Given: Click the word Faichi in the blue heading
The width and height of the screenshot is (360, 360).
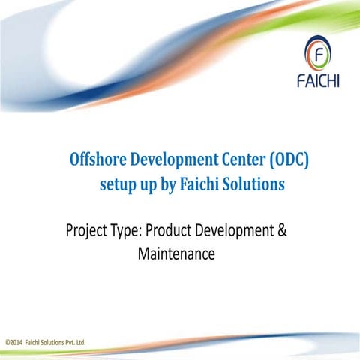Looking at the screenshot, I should tap(199, 184).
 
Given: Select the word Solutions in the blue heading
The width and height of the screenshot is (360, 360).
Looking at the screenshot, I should tap(253, 184).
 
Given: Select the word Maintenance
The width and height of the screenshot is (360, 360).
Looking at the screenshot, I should tap(177, 255).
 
